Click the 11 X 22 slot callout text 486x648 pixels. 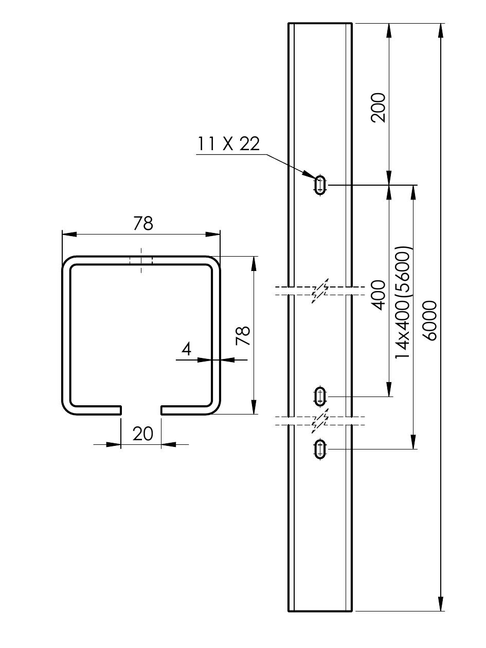[x=228, y=144]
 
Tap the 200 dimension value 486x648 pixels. [x=378, y=107]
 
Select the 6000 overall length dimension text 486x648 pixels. [x=429, y=320]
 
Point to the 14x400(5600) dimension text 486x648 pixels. [x=403, y=302]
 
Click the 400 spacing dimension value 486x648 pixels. [x=378, y=295]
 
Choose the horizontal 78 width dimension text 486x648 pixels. [x=143, y=224]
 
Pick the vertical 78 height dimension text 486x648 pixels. [x=243, y=335]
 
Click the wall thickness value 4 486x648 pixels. [x=187, y=350]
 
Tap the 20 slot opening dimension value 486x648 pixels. [x=143, y=434]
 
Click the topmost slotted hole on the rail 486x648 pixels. [x=320, y=185]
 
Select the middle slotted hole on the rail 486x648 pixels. [x=320, y=397]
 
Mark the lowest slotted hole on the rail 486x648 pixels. [x=320, y=449]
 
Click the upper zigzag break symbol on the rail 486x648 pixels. [x=320, y=291]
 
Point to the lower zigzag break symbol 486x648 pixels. [x=320, y=421]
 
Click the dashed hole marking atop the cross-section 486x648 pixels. [x=141, y=260]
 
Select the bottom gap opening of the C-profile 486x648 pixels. [x=141, y=410]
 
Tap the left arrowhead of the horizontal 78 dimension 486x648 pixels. [x=69, y=234]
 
